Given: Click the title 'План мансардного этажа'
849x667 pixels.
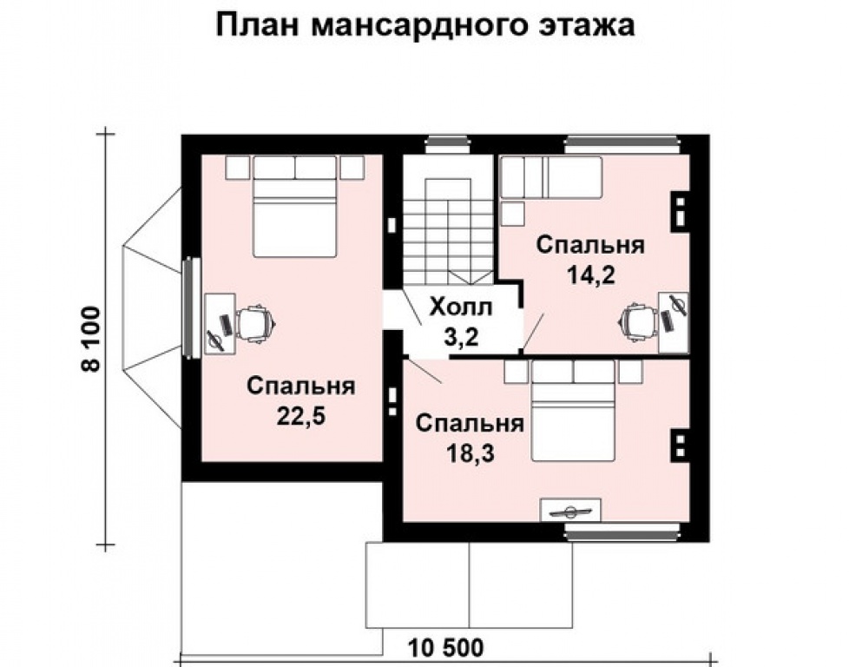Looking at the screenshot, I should click(424, 25).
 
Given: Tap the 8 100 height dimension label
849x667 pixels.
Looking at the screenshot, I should click(90, 339).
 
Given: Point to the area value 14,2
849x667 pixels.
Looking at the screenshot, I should click(590, 275).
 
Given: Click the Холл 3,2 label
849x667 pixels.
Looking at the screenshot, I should click(460, 322).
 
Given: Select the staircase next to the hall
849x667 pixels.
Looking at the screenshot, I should click(446, 230).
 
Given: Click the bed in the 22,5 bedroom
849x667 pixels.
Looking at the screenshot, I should click(294, 213).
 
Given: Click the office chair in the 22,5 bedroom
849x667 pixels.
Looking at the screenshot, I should click(256, 322).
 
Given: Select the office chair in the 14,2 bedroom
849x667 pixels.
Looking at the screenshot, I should click(637, 320).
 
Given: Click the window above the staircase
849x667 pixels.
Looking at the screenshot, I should click(447, 142).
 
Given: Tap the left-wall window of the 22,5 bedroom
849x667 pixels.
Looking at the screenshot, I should click(189, 307).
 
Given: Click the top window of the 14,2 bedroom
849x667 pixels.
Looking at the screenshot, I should click(620, 142).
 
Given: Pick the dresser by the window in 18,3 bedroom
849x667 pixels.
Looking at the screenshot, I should click(569, 509).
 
